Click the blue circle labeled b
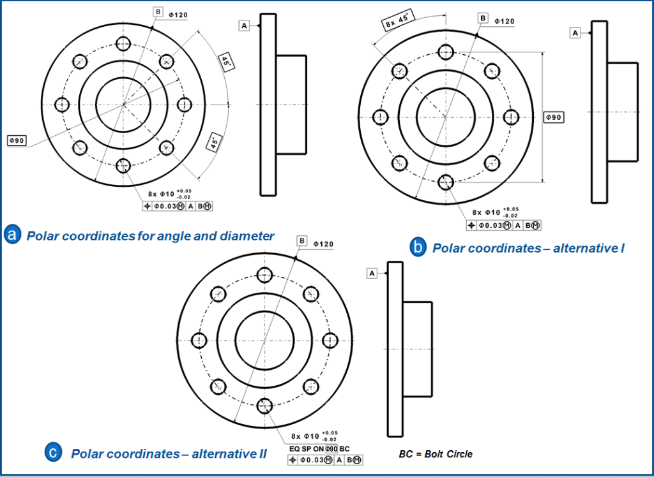[x=418, y=247]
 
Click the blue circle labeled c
[x=54, y=453]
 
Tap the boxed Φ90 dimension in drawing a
[x=17, y=140]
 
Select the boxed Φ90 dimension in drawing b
[x=553, y=117]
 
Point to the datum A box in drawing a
[x=244, y=25]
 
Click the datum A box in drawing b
[x=575, y=32]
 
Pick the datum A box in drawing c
[x=372, y=273]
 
